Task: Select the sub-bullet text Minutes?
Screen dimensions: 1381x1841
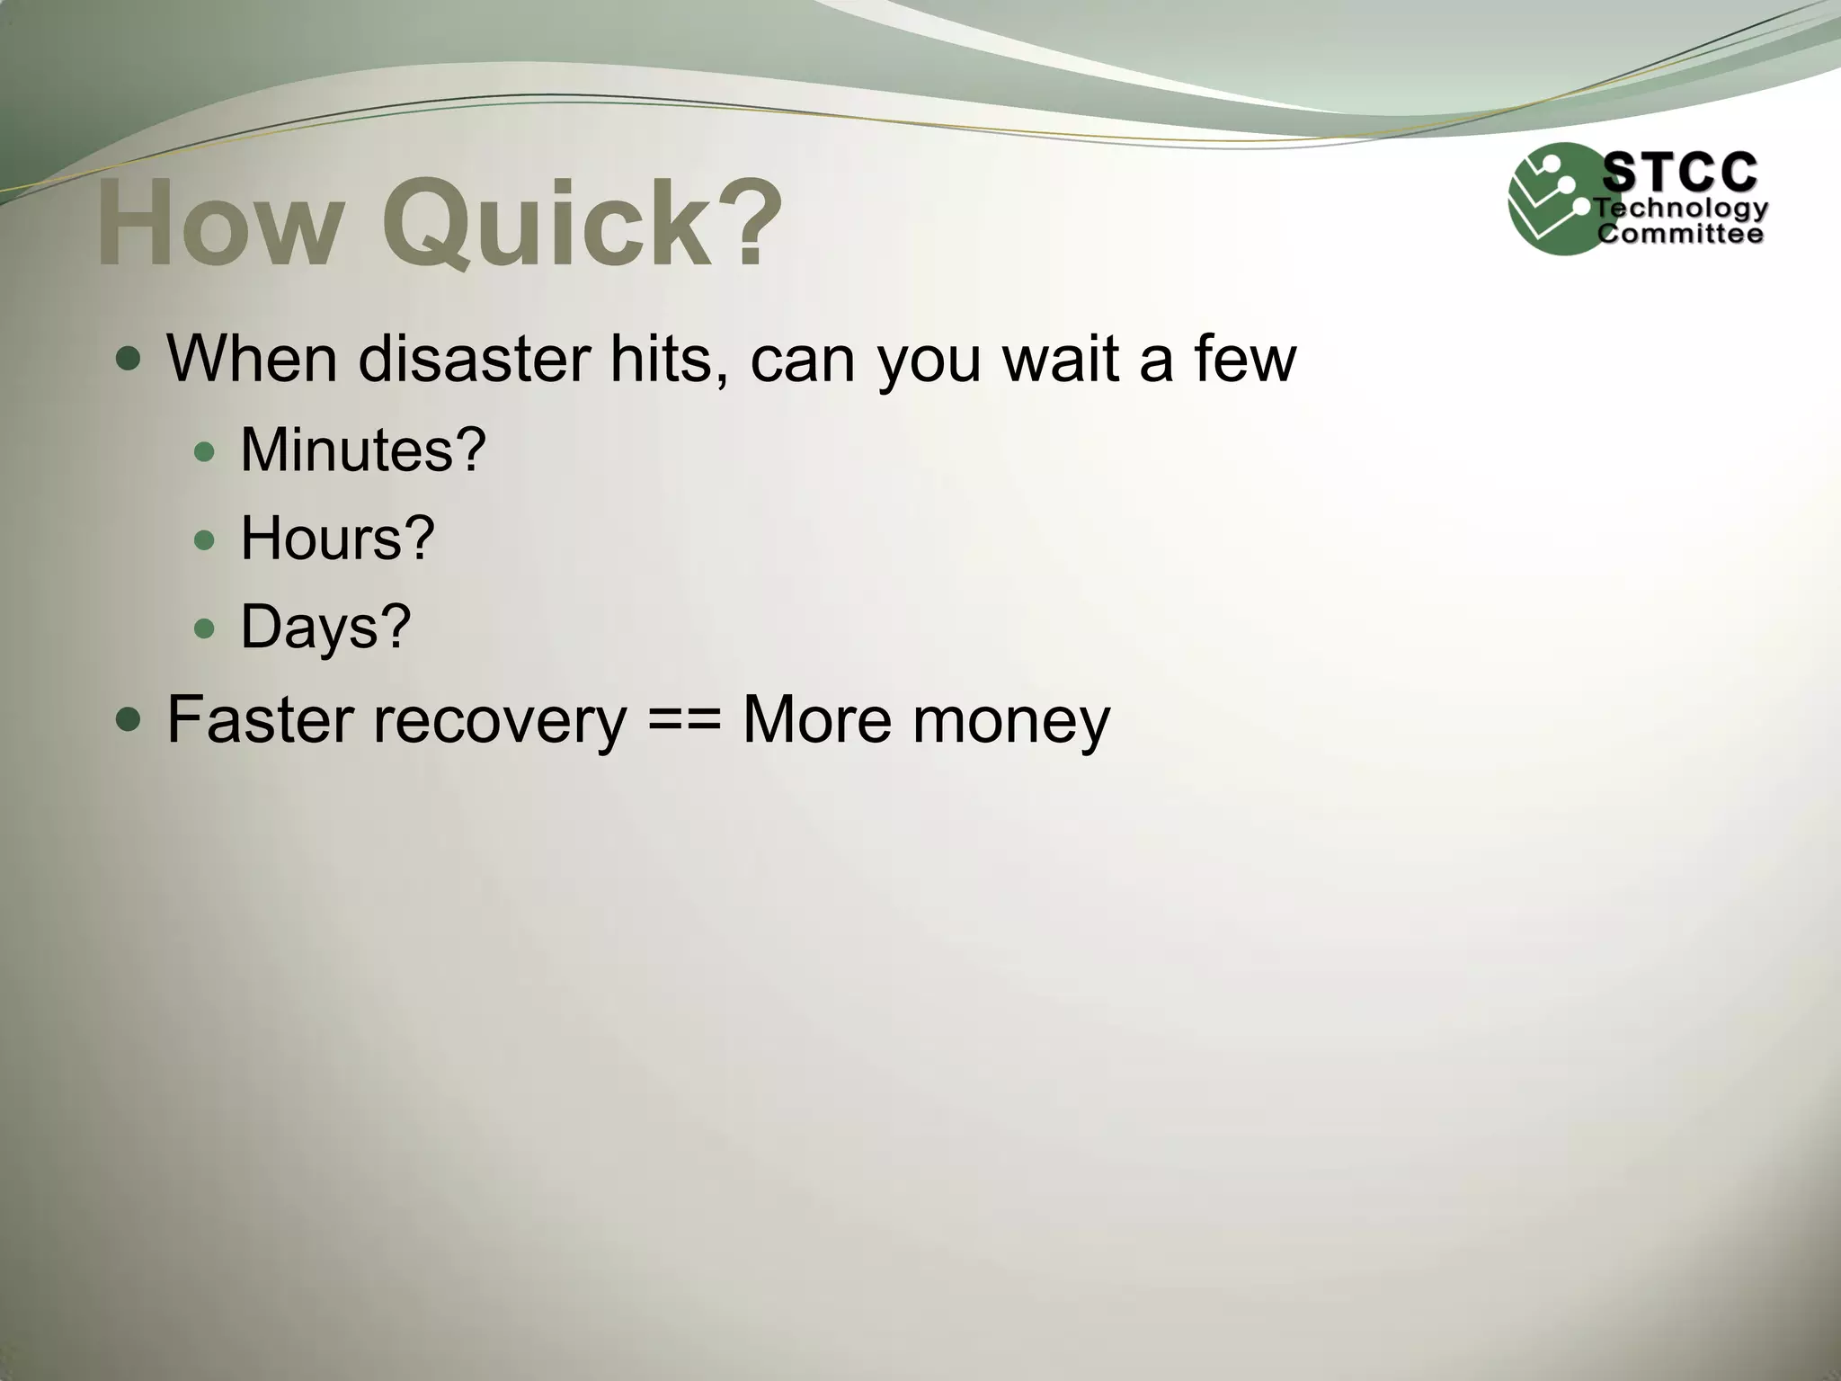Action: pos(362,450)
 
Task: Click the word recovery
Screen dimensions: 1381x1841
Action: pos(500,721)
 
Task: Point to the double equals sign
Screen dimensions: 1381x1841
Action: pos(683,721)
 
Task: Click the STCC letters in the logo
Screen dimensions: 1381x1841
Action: pos(1679,172)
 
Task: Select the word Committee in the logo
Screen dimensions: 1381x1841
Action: pos(1679,235)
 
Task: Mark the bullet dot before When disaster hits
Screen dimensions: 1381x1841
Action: pos(129,360)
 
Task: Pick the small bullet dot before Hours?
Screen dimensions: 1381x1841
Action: pos(205,540)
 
